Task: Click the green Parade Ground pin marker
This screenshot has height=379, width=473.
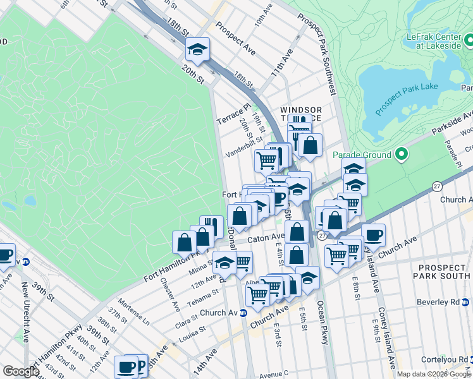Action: pos(400,153)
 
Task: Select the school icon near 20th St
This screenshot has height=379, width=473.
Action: pos(197,50)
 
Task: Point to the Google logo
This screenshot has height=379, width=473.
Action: pos(20,371)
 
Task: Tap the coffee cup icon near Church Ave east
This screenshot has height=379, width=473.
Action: pos(373,234)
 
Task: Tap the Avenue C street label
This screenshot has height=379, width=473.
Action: pos(273,373)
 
